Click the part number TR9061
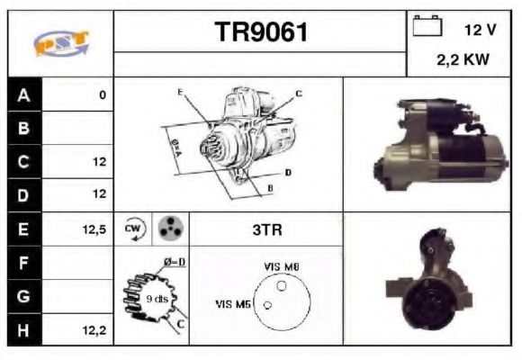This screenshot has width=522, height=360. pyautogui.click(x=261, y=32)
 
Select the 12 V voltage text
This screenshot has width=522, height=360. pyautogui.click(x=480, y=30)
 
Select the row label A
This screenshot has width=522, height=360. pyautogui.click(x=23, y=94)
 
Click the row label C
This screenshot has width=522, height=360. pyautogui.click(x=23, y=162)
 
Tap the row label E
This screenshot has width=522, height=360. pyautogui.click(x=23, y=229)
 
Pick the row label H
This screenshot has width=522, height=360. pyautogui.click(x=23, y=330)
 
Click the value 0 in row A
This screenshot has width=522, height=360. pyautogui.click(x=103, y=94)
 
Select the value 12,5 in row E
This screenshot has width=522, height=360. pyautogui.click(x=94, y=229)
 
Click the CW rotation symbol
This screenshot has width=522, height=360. pyautogui.click(x=133, y=229)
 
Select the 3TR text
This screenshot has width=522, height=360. pyautogui.click(x=266, y=229)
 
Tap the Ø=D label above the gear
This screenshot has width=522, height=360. pyautogui.click(x=174, y=262)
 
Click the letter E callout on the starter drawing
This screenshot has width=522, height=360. pyautogui.click(x=180, y=93)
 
